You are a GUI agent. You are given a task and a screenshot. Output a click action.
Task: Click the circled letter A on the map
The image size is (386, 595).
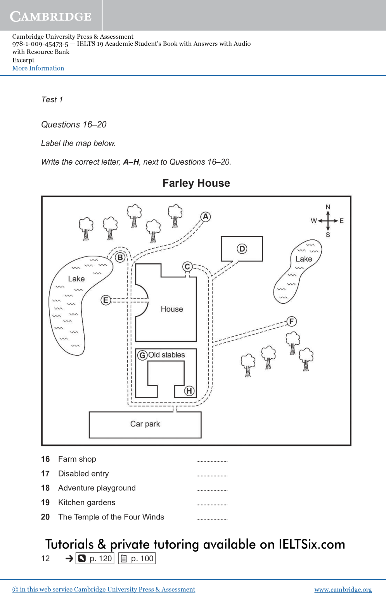[206, 217]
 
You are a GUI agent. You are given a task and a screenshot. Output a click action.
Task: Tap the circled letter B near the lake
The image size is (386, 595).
[120, 257]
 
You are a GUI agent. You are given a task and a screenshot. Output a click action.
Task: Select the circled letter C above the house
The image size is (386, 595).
[187, 267]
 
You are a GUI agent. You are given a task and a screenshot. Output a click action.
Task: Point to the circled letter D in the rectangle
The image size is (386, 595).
[242, 249]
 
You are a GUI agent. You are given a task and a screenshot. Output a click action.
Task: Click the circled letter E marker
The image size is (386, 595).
[106, 300]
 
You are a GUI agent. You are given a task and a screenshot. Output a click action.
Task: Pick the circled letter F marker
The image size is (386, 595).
[292, 321]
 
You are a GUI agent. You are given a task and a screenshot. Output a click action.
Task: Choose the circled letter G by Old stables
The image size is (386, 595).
[142, 355]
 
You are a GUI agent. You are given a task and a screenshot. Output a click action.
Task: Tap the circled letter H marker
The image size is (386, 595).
[189, 391]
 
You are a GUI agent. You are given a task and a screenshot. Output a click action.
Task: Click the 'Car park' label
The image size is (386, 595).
[145, 424]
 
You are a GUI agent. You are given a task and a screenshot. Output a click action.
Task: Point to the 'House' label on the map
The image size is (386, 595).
[172, 309]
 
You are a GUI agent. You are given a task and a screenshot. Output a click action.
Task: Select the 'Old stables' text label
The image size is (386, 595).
[167, 355]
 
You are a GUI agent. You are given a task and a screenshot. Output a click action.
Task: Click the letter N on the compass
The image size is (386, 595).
[328, 207]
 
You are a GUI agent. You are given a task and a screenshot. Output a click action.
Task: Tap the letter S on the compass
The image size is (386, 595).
[328, 235]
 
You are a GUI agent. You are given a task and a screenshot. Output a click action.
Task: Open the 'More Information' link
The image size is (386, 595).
[38, 68]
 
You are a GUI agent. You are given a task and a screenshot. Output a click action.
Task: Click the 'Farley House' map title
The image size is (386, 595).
[196, 183]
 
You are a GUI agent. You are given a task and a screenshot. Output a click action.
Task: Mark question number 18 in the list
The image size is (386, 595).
[45, 488]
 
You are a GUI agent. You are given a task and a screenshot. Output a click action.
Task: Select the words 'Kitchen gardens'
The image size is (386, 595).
[87, 502]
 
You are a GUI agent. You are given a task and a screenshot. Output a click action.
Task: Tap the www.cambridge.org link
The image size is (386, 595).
[343, 589]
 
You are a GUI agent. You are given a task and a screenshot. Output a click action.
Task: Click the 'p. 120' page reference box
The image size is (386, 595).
[95, 559]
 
